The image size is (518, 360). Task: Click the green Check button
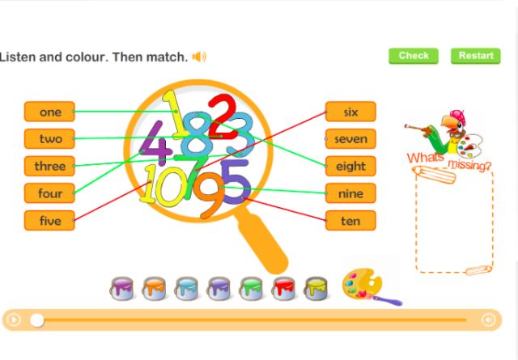point(414,56)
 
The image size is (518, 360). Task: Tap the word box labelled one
point(49,112)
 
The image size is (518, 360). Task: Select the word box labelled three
point(49,166)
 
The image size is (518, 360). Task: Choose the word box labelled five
point(49,220)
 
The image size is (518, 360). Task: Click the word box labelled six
point(350,112)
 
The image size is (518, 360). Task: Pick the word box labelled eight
point(350,166)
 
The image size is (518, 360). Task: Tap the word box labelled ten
point(350,220)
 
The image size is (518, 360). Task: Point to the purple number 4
point(154,144)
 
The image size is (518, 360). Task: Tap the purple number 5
point(236,180)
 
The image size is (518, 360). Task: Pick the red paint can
point(283,287)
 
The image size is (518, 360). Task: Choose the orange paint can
point(154,287)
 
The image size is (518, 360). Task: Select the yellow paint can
point(316,287)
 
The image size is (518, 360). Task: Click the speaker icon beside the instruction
point(199,57)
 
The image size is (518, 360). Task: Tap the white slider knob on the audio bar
point(37,320)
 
